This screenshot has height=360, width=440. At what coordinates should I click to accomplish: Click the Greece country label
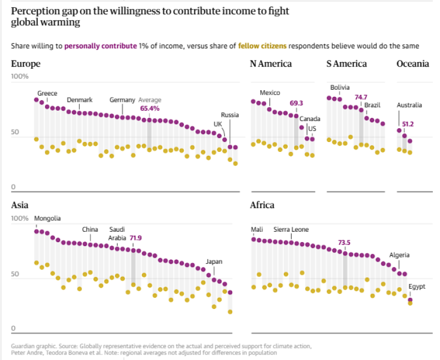[47, 93]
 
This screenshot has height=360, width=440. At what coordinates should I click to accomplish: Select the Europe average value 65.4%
[150, 108]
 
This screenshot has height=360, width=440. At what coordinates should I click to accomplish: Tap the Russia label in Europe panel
[230, 115]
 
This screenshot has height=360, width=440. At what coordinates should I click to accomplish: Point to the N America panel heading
[271, 64]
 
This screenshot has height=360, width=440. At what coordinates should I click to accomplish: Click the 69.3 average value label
[296, 103]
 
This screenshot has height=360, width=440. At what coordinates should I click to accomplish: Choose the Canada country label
[310, 118]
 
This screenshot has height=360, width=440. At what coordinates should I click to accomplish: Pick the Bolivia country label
[340, 88]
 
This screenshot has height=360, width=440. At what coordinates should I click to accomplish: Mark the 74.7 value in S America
[361, 97]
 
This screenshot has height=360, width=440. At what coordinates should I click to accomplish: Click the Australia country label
[409, 105]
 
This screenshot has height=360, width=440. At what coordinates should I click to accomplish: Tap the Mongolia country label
[47, 218]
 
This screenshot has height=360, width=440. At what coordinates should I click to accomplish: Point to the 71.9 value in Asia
[136, 238]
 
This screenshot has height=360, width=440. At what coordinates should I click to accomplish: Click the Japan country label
[214, 261]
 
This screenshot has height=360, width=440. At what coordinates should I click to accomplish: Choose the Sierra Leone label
[291, 230]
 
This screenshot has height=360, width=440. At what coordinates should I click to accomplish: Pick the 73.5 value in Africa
[344, 242]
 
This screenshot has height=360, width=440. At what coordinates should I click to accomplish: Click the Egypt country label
[416, 287]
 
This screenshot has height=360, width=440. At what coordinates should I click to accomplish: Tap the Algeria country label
[399, 255]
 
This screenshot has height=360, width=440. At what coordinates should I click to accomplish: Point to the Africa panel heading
[262, 205]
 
